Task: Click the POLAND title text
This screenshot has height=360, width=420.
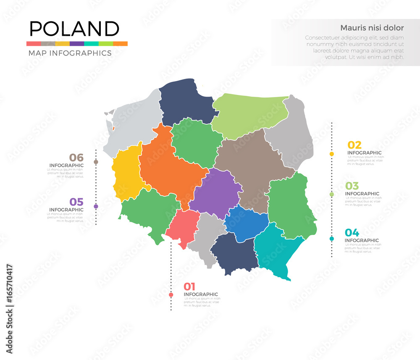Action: tap(74, 29)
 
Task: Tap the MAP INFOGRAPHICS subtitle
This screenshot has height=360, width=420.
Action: tap(70, 53)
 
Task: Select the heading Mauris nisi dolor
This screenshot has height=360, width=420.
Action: tap(372, 28)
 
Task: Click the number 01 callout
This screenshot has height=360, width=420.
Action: tap(189, 286)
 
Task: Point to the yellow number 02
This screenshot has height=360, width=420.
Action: tap(354, 145)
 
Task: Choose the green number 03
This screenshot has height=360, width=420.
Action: tap(352, 186)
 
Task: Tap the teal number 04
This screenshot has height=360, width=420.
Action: tap(352, 232)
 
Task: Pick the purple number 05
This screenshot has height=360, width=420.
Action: tap(76, 202)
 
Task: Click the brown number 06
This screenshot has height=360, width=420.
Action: tap(76, 158)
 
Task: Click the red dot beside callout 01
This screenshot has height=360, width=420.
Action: tap(171, 295)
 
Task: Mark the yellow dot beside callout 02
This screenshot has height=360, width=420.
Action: tap(332, 154)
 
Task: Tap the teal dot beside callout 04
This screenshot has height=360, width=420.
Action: tap(332, 239)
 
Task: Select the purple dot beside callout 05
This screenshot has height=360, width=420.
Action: tap(96, 206)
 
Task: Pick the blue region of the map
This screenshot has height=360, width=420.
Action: tap(247, 223)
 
